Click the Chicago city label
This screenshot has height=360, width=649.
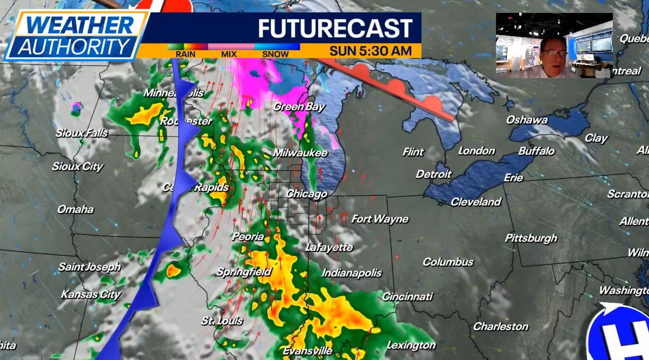[x=307, y=193]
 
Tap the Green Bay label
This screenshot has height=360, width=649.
[x=299, y=107]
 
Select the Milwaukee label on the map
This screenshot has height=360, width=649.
[x=300, y=153]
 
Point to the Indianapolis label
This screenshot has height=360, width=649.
[x=352, y=273]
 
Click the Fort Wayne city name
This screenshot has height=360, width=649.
[x=380, y=219]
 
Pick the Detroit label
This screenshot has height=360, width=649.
[x=433, y=174]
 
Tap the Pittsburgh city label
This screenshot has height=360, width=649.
[x=531, y=238]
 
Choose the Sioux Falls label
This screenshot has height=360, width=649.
[x=82, y=133]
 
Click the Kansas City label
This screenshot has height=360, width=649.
[x=90, y=294]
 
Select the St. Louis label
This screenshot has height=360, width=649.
[x=222, y=321]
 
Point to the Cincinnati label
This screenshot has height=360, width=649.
[x=407, y=296]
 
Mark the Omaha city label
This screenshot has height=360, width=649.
[x=76, y=209]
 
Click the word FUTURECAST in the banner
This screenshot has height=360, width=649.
[x=335, y=28]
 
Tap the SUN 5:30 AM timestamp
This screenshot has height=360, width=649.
[x=370, y=51]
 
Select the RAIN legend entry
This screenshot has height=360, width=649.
[x=185, y=54]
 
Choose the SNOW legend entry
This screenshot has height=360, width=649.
[x=275, y=54]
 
